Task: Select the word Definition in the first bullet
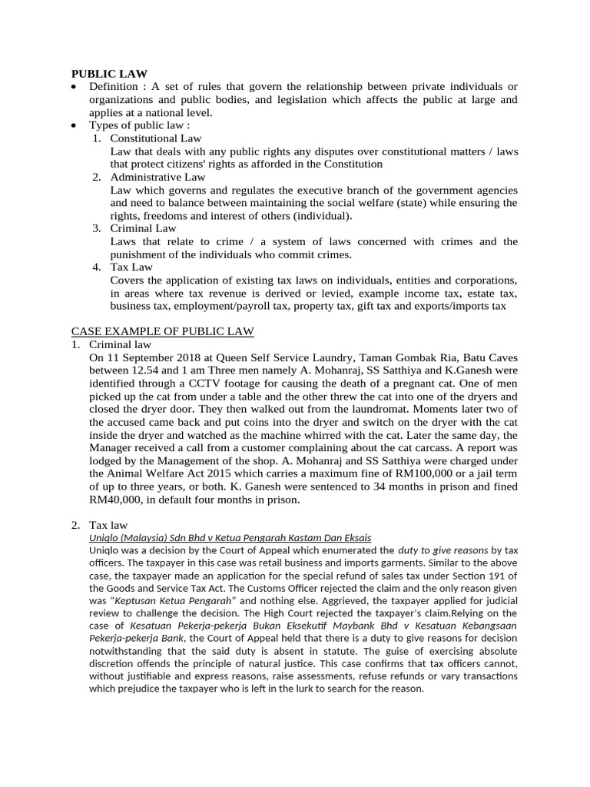point(113,87)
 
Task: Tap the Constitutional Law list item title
point(156,138)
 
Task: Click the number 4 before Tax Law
point(97,267)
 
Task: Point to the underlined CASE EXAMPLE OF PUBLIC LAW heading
point(163,331)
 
